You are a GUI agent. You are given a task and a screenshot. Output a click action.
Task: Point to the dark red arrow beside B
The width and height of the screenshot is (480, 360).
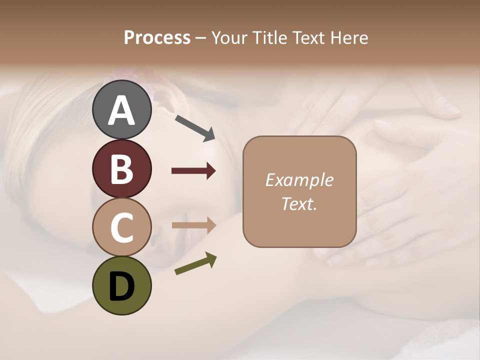pyautogui.click(x=193, y=171)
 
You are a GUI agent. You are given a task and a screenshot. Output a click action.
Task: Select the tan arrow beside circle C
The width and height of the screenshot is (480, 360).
pyautogui.click(x=193, y=225)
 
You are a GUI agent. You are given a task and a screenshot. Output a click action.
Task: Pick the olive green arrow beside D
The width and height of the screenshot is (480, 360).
pyautogui.click(x=195, y=263)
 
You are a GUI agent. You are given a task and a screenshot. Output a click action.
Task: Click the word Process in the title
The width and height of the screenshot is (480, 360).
pyautogui.click(x=157, y=38)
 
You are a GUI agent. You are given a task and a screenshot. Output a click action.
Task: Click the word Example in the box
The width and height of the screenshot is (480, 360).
pyautogui.click(x=299, y=180)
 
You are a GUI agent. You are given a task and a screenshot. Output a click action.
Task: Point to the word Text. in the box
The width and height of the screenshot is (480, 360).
pyautogui.click(x=299, y=203)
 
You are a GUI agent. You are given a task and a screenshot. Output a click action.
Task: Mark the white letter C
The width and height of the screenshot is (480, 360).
pyautogui.click(x=121, y=227)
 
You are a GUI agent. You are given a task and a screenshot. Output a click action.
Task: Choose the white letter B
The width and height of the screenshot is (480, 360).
pyautogui.click(x=121, y=169)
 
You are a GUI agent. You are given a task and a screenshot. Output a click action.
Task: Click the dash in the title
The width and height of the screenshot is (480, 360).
pyautogui.click(x=201, y=38)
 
